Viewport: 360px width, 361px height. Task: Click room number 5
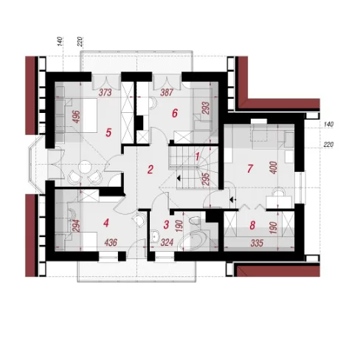(108, 133)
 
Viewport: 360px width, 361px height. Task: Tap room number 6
(175, 114)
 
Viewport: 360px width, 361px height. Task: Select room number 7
(250, 168)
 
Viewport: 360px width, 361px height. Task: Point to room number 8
(252, 225)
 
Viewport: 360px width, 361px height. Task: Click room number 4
(106, 223)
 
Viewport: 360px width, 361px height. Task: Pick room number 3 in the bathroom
(166, 224)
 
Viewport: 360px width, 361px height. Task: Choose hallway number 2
(150, 169)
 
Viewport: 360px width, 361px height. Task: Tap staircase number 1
(197, 157)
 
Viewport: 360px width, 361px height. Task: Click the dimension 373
(105, 92)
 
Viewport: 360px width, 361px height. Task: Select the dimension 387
(167, 92)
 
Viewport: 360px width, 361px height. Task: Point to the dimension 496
(77, 117)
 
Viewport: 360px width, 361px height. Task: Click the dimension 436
(111, 243)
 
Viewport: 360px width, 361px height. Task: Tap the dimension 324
(167, 243)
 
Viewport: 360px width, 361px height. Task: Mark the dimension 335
(257, 243)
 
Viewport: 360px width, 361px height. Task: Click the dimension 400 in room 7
(274, 168)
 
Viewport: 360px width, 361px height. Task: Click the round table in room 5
(85, 167)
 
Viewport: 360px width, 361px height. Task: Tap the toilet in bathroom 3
(195, 220)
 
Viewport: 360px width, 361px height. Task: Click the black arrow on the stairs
(179, 178)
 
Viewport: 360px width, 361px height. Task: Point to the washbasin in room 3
(154, 236)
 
